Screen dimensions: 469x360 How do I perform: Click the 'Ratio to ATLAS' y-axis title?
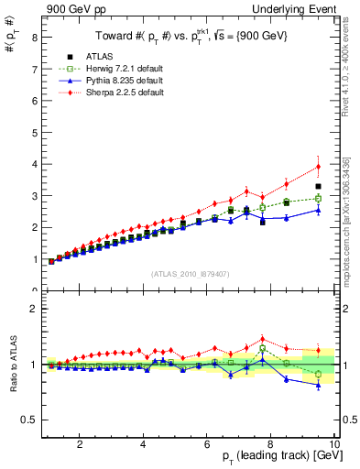pos(12,365)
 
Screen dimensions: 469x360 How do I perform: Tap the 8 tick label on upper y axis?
pos(34,38)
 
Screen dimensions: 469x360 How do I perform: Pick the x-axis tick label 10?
pos(333,444)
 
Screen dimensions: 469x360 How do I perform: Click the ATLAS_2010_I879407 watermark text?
pos(190,273)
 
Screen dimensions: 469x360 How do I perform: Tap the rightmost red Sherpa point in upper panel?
pos(318,166)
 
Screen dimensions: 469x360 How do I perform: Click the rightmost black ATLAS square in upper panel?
pos(318,186)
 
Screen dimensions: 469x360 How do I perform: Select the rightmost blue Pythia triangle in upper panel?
pos(318,210)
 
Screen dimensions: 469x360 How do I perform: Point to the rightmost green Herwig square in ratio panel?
pos(318,374)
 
